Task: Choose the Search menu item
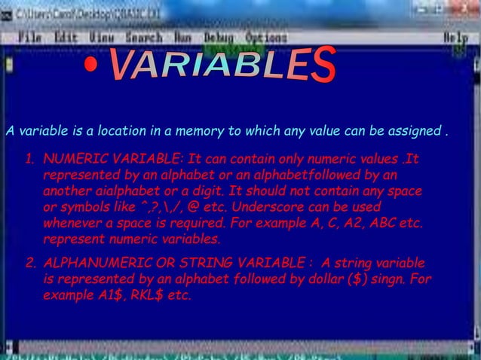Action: point(144,37)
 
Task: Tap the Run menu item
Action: point(183,37)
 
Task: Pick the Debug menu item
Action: point(219,37)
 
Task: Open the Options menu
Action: point(266,37)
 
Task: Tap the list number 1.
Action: point(29,160)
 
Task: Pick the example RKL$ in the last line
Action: point(146,295)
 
